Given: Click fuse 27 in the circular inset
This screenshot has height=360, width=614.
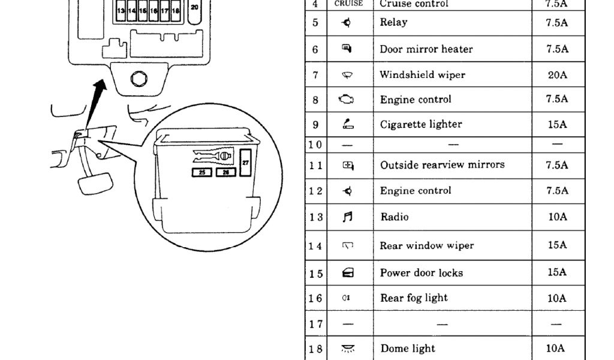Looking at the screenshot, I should pyautogui.click(x=245, y=162).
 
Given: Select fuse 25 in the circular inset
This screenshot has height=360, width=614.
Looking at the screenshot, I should pyautogui.click(x=201, y=173).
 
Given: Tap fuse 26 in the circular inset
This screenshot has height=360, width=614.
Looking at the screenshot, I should pyautogui.click(x=225, y=173).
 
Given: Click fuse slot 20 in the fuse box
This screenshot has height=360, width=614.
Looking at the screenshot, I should pyautogui.click(x=194, y=8).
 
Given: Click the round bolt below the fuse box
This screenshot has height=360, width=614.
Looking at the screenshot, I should pyautogui.click(x=139, y=78).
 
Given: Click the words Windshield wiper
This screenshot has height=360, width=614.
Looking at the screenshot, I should pyautogui.click(x=422, y=75).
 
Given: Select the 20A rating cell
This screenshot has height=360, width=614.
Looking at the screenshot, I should pyautogui.click(x=556, y=75).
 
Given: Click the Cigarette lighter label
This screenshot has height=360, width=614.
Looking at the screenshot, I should pyautogui.click(x=421, y=125).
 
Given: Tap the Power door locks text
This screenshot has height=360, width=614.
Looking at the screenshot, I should pyautogui.click(x=421, y=272).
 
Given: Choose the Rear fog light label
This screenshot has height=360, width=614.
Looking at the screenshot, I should pyautogui.click(x=414, y=298).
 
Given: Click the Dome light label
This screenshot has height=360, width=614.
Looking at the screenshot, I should pyautogui.click(x=408, y=349).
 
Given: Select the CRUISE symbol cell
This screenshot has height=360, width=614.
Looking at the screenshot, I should pyautogui.click(x=348, y=4).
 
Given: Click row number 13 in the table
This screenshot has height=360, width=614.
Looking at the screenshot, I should pyautogui.click(x=316, y=217).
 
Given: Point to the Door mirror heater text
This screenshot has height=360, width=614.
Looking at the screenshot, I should pyautogui.click(x=426, y=49).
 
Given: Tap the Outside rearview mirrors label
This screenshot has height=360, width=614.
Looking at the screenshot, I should pyautogui.click(x=442, y=164).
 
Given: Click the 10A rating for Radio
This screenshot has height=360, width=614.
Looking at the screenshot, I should pyautogui.click(x=556, y=217).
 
